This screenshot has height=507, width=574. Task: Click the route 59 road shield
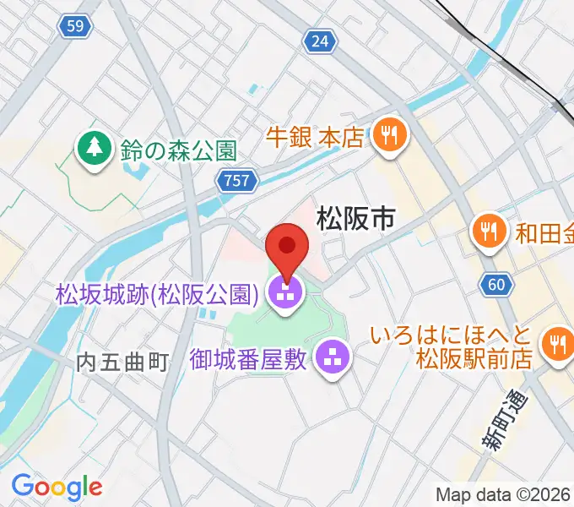(x=76, y=27)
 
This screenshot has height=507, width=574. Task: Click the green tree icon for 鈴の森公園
(x=93, y=149)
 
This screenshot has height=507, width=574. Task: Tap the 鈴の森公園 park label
(x=176, y=150)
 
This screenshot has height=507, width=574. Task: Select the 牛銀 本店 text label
(x=314, y=135)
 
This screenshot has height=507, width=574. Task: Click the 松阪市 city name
(x=355, y=220)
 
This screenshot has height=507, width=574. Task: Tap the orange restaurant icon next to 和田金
(x=489, y=229)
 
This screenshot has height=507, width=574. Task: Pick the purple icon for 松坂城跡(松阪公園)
(x=285, y=295)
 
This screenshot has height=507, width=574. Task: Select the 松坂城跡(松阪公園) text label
(x=156, y=294)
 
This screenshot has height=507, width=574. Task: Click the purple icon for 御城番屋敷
(x=333, y=359)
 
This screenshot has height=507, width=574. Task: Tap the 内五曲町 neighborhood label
(x=123, y=363)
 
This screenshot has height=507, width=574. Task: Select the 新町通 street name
(x=505, y=422)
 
